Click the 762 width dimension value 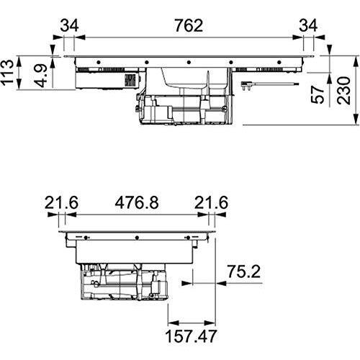pyautogui.click(x=189, y=26)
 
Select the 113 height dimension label pyautogui.click(x=7, y=72)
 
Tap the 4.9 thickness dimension pyautogui.click(x=40, y=76)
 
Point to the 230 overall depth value pyautogui.click(x=343, y=91)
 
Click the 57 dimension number pyautogui.click(x=318, y=94)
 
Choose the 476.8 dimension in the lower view pyautogui.click(x=137, y=202)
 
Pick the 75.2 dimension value pyautogui.click(x=243, y=271)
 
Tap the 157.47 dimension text pyautogui.click(x=191, y=336)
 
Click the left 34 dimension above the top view pyautogui.click(x=69, y=26)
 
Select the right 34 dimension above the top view pyautogui.click(x=308, y=26)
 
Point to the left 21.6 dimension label pyautogui.click(x=61, y=202)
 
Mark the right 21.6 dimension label pyautogui.click(x=211, y=202)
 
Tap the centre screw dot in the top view pyautogui.click(x=189, y=63)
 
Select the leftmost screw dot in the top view pyautogui.click(x=99, y=63)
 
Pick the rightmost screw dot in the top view pyautogui.click(x=279, y=63)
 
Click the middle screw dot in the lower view pyautogui.click(x=137, y=238)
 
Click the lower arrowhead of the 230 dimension pyautogui.click(x=356, y=120)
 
